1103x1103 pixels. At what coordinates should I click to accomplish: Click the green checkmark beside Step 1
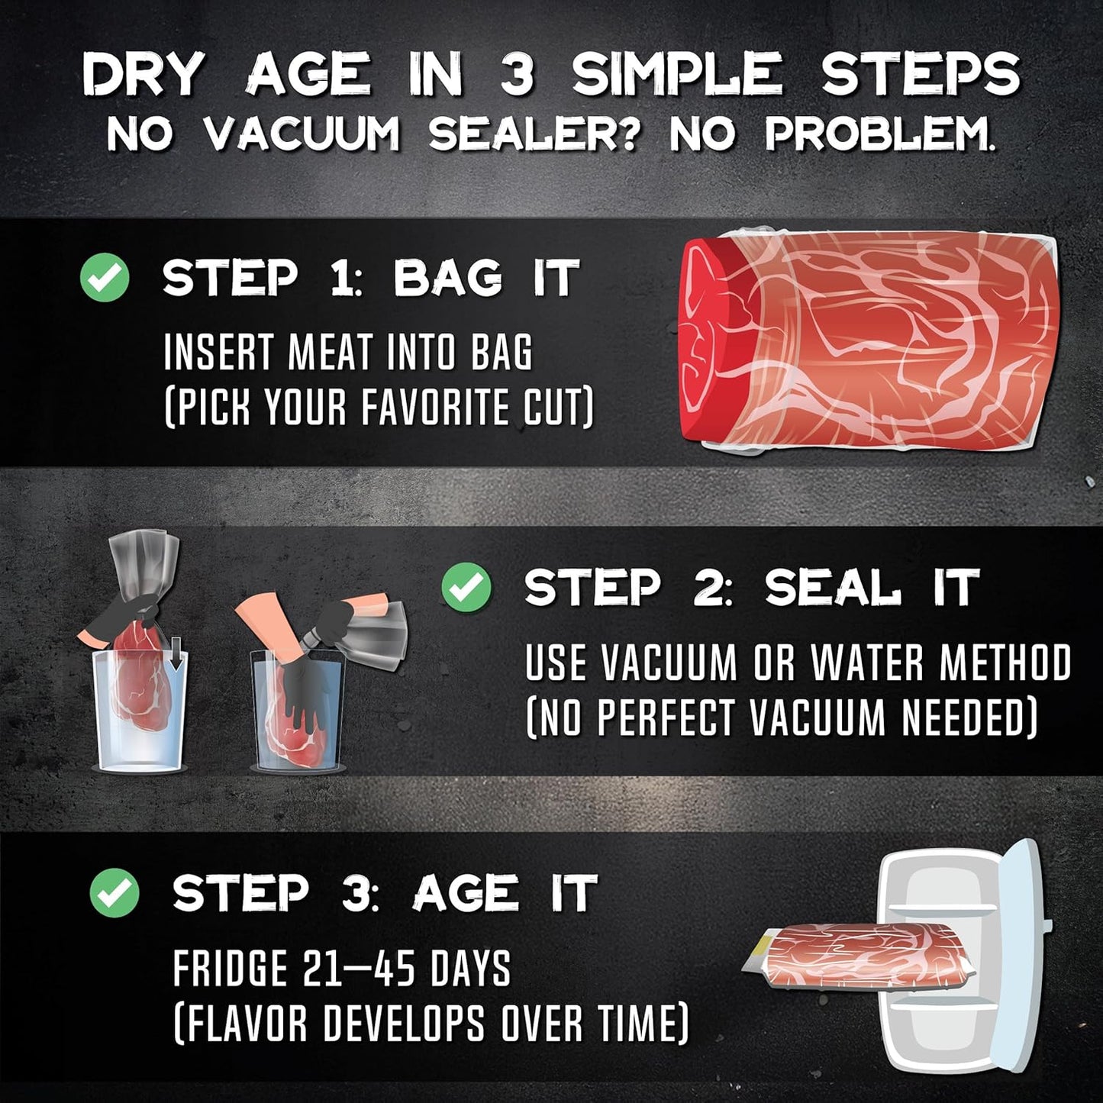tap(105, 278)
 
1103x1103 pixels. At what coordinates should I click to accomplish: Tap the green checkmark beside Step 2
tap(466, 587)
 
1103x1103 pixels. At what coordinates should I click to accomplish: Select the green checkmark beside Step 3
tap(114, 894)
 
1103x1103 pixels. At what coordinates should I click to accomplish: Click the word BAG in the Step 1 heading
tap(447, 278)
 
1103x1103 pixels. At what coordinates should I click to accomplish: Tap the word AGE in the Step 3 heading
tap(466, 894)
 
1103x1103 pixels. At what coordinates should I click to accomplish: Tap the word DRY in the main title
tap(142, 76)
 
